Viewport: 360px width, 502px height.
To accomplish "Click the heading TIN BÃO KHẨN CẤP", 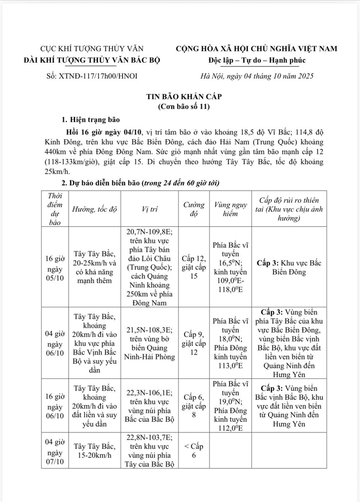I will (x=180, y=97).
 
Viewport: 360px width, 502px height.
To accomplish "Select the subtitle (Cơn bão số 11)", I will (x=180, y=107).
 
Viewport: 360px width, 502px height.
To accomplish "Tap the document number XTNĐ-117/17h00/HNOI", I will (x=80, y=76).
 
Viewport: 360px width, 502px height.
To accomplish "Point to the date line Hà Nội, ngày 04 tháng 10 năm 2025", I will (x=257, y=76).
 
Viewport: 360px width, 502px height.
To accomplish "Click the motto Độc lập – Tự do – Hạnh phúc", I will (x=257, y=60).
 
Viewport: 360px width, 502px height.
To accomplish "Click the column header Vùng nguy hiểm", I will (x=230, y=209).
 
